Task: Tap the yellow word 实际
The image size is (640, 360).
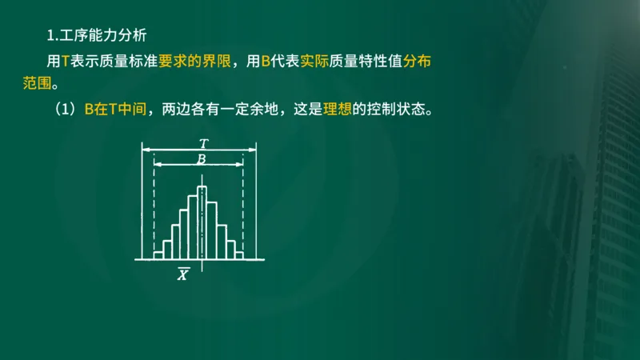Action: click(x=314, y=61)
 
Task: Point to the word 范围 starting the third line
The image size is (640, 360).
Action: click(x=37, y=83)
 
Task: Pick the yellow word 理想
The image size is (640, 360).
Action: click(x=337, y=110)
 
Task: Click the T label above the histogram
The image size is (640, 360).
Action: click(x=203, y=143)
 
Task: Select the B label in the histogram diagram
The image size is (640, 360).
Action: click(x=202, y=159)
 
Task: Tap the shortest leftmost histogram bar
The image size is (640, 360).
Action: click(x=158, y=255)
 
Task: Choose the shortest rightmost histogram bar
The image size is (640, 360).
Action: click(x=238, y=255)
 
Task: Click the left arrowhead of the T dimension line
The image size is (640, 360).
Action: click(x=146, y=149)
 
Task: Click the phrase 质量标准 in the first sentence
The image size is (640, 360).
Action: click(x=131, y=61)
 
